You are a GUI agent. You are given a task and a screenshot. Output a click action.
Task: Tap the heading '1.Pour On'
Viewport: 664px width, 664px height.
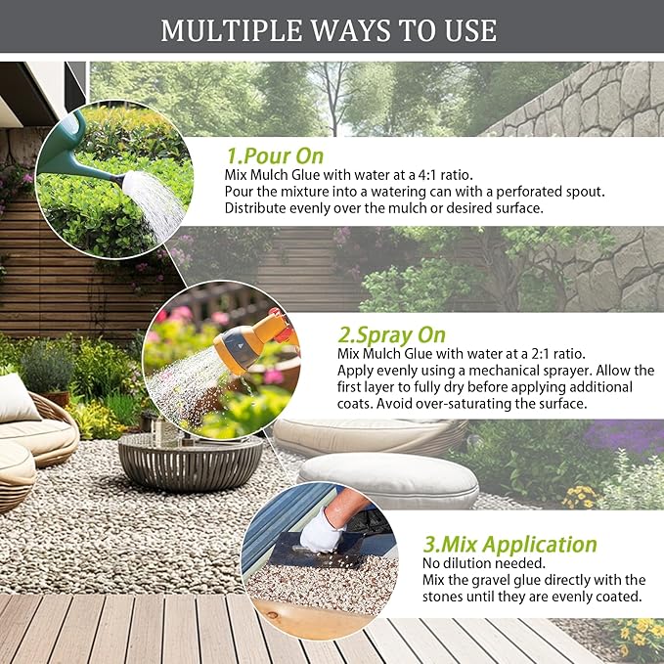[275, 155]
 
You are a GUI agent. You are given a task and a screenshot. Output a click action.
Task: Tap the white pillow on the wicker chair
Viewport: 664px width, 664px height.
[17, 399]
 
